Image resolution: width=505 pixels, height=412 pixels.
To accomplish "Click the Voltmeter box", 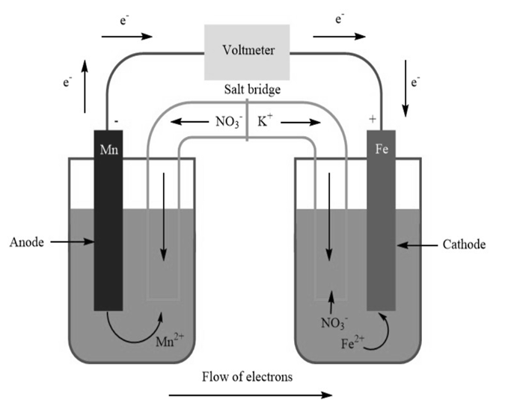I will (x=248, y=52).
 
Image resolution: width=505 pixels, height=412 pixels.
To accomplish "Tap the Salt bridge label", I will (x=252, y=90).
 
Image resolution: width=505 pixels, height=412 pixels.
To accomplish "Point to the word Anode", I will (x=27, y=242).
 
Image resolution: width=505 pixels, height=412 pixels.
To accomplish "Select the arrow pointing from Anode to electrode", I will (x=71, y=242).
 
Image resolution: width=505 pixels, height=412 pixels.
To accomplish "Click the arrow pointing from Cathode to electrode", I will (x=416, y=245).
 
